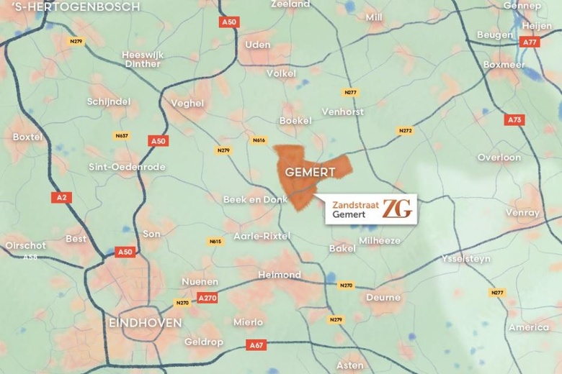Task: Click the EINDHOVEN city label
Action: pos(145,323)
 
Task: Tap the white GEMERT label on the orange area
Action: pos(310,172)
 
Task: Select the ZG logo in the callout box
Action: pos(397,209)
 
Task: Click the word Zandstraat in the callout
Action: pos(356,204)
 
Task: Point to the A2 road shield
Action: pos(61,197)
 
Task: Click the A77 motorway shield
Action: pos(530,42)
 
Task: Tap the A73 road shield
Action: pos(514,120)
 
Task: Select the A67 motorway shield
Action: pos(256,345)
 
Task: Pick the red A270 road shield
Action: pos(207,298)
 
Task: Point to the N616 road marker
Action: pos(259,140)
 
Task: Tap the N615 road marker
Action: pos(215,242)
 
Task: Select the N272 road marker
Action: pos(406,131)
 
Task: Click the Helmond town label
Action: pos(280,275)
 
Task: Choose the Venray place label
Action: pos(522,213)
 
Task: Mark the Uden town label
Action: pos(258,45)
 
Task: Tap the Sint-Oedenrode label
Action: pos(127,167)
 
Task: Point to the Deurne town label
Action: pos(383,297)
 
